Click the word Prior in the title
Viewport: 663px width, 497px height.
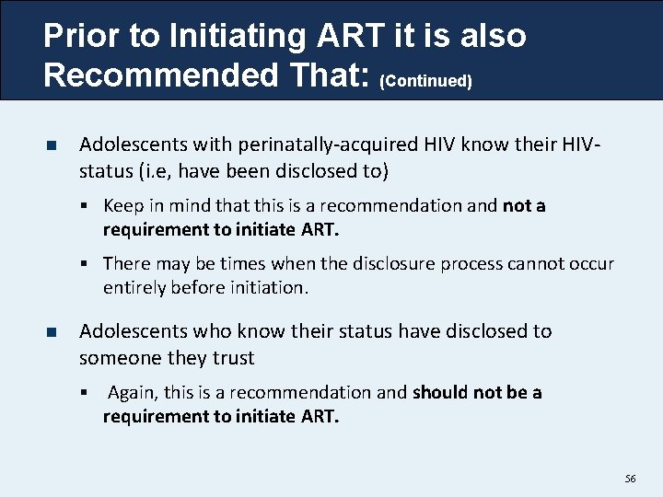click(x=82, y=36)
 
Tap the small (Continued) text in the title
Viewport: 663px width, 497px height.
click(x=425, y=81)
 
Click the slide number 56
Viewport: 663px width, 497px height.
click(x=630, y=480)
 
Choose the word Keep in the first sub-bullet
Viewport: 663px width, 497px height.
click(x=122, y=205)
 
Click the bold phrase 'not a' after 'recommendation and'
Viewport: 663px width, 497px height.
click(x=524, y=205)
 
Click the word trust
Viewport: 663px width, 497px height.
click(x=232, y=357)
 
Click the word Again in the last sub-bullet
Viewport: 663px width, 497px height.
click(x=132, y=393)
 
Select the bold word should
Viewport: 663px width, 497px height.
click(x=441, y=393)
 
